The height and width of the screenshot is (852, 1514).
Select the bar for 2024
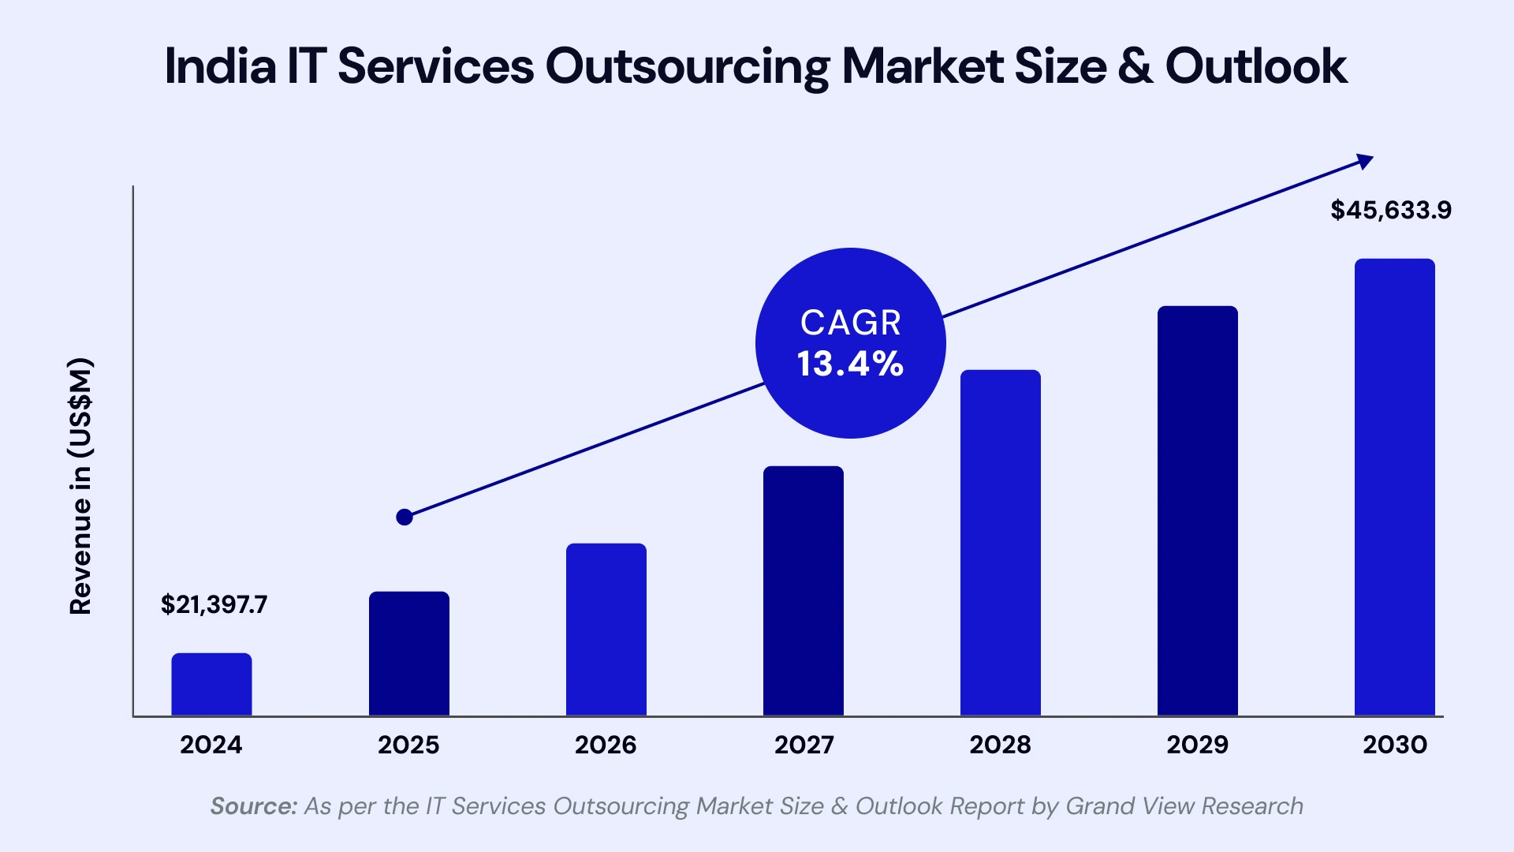click(x=211, y=684)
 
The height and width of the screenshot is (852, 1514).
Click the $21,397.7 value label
click(x=214, y=605)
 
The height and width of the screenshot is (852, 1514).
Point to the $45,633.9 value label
click(x=1391, y=210)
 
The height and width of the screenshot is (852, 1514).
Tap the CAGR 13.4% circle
click(x=850, y=343)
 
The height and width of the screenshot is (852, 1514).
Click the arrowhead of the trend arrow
click(x=1365, y=161)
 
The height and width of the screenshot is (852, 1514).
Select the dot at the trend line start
click(x=405, y=518)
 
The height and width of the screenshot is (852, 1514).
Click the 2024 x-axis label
click(x=211, y=745)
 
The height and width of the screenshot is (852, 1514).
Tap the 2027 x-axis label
click(x=804, y=745)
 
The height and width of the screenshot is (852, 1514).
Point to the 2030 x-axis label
click(x=1395, y=745)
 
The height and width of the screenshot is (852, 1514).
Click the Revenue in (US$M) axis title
click(x=80, y=486)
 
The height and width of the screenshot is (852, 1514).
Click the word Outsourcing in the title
click(x=686, y=67)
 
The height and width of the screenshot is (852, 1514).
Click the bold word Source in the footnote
click(x=253, y=806)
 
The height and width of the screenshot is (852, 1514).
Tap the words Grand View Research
click(x=1184, y=806)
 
